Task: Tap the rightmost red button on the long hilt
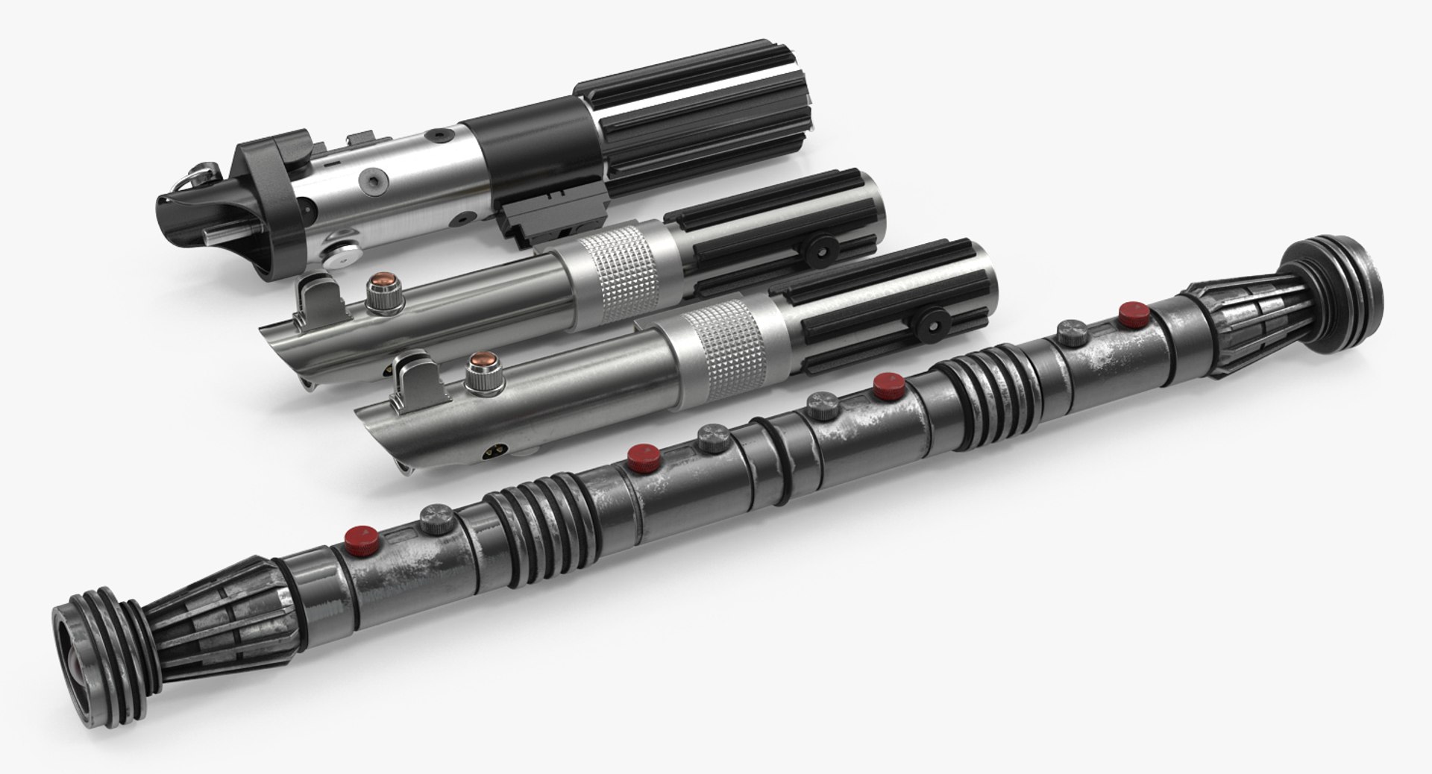(1133, 314)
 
